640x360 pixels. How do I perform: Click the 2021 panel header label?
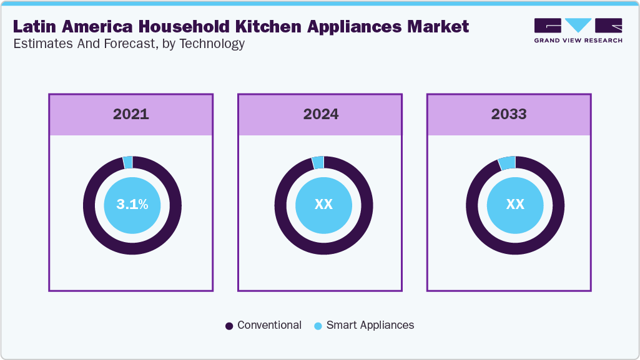tap(131, 114)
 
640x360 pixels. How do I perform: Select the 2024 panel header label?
tap(320, 114)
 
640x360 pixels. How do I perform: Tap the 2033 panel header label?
tap(509, 114)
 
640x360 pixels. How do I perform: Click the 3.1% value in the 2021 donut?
tap(132, 205)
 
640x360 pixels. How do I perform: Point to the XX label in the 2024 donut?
tap(323, 205)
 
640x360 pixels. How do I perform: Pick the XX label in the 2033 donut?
tap(515, 205)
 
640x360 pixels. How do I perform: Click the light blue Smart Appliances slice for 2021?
tap(128, 162)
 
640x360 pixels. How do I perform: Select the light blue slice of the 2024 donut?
tap(318, 162)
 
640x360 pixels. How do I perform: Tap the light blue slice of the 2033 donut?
tap(507, 163)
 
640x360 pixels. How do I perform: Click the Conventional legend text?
tap(269, 325)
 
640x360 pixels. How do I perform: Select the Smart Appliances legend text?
tap(370, 325)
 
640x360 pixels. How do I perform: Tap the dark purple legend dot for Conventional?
tap(229, 326)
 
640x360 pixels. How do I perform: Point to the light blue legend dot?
tap(318, 326)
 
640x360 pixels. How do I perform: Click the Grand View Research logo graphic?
tap(578, 26)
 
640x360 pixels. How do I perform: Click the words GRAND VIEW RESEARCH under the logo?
tap(578, 41)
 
